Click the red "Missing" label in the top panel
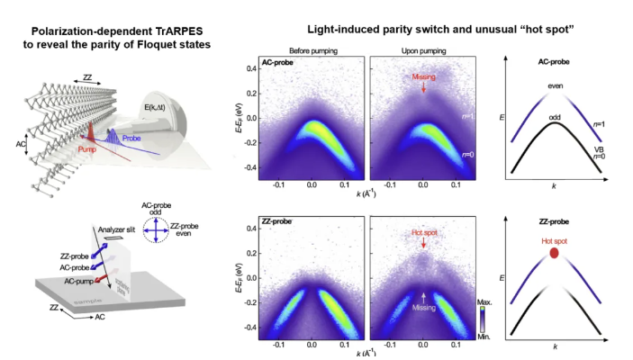tap(424, 77)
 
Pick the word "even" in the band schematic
tap(555, 85)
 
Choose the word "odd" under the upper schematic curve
tap(555, 114)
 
